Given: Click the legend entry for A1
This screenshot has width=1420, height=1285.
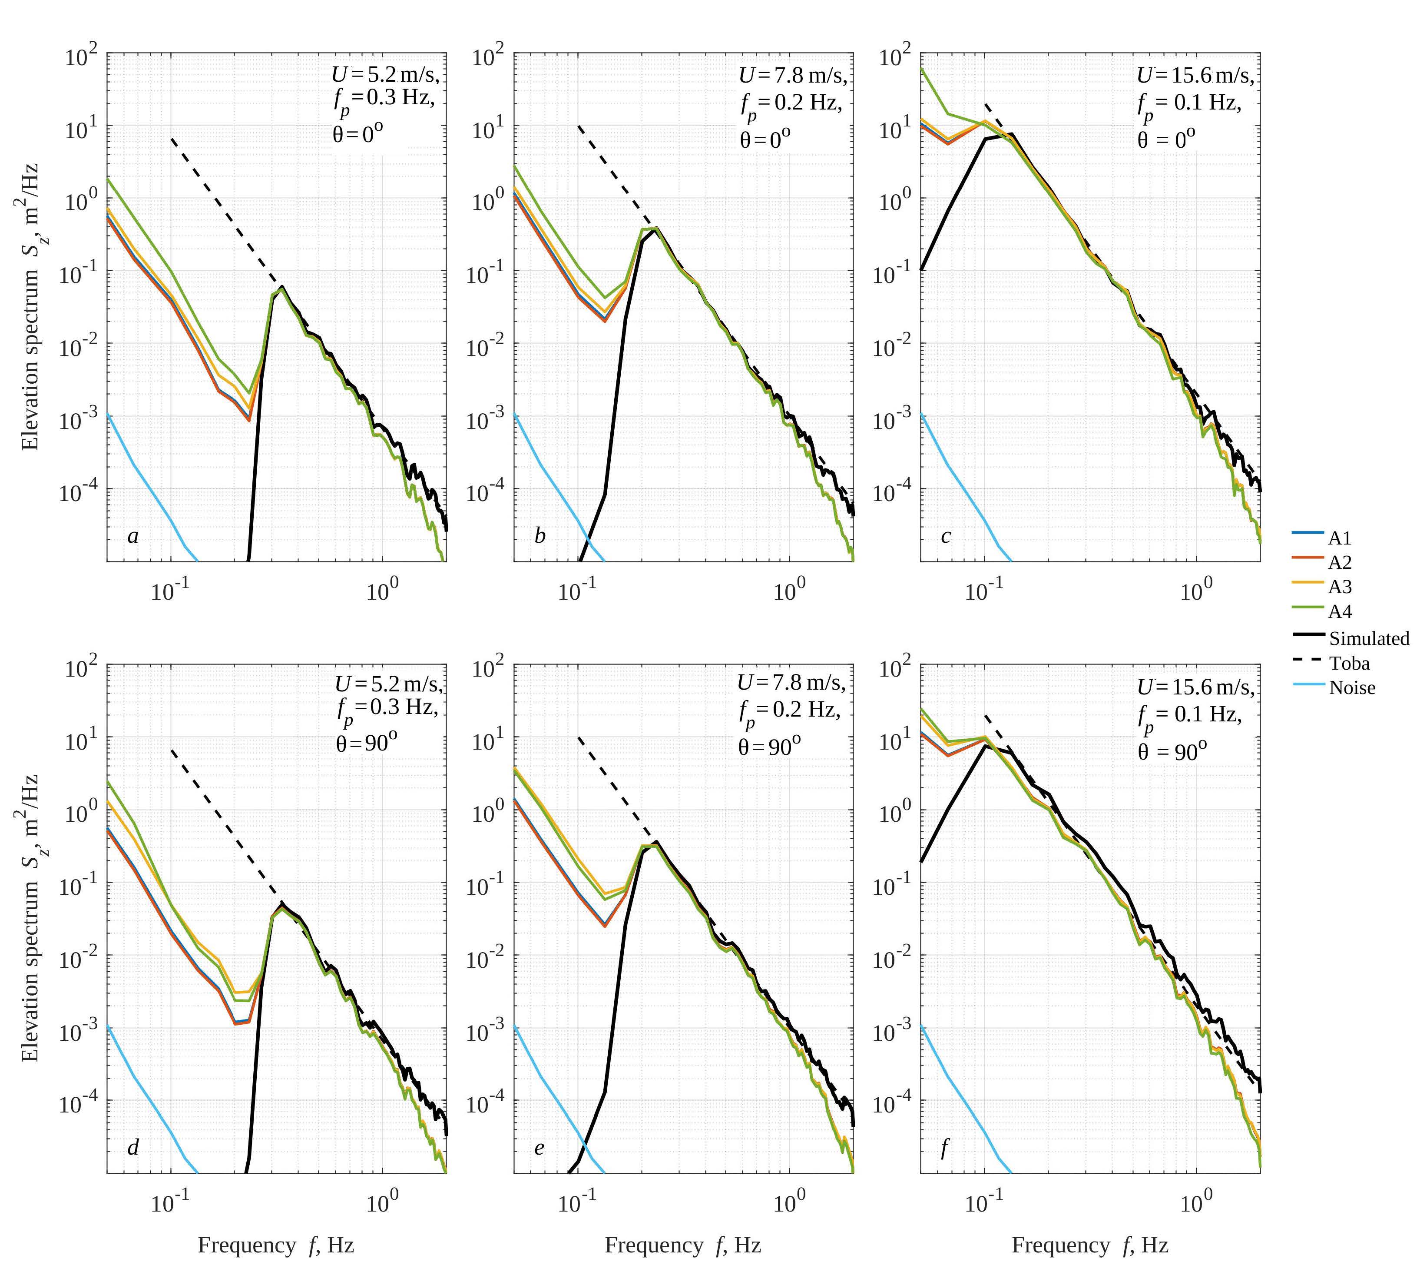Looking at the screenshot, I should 1340,538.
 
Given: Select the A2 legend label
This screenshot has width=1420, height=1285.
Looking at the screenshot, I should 1340,562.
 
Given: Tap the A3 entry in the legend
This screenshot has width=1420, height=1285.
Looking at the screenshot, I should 1340,587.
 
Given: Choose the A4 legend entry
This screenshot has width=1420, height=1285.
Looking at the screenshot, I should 1340,611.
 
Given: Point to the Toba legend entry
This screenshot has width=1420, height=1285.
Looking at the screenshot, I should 1349,663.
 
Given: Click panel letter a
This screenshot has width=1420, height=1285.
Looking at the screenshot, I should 133,536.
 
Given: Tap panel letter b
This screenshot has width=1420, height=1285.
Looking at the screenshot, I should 540,536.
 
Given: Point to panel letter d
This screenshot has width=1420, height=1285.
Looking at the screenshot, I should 133,1148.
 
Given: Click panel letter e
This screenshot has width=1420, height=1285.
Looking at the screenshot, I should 540,1148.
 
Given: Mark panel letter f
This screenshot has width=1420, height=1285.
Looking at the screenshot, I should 944,1148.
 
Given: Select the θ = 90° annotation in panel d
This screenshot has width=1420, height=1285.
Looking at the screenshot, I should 366,742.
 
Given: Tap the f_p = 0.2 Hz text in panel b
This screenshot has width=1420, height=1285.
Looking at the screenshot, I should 790,104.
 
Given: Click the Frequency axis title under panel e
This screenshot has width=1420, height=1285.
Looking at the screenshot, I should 682,1245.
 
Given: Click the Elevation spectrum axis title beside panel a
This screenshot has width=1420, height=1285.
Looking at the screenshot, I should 30,306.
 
